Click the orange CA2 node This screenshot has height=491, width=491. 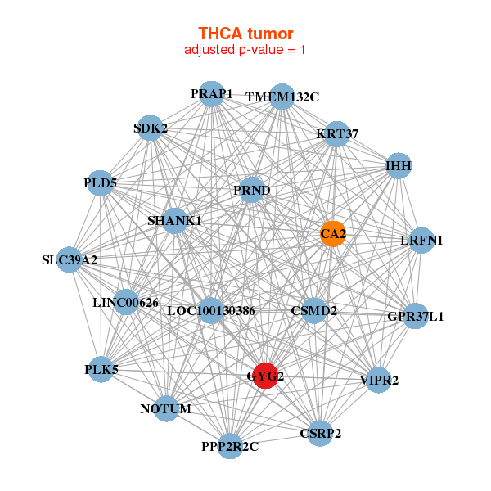[x=332, y=233]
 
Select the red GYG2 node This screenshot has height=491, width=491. [x=265, y=375]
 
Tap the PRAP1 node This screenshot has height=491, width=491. [x=212, y=94]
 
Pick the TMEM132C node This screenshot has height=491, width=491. [x=282, y=97]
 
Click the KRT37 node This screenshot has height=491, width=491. [x=337, y=134]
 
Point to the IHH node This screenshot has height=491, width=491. [x=399, y=166]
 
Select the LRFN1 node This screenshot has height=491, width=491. [x=421, y=240]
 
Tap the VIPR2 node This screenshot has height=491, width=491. [x=378, y=380]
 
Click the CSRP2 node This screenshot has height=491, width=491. [x=321, y=432]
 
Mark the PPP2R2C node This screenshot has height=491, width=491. [x=230, y=446]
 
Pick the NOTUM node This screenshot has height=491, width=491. [x=166, y=408]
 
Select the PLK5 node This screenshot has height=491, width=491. [x=101, y=370]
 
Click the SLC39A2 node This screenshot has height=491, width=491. [x=70, y=260]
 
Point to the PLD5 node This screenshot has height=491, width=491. [x=101, y=182]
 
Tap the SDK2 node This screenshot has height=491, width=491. [x=151, y=128]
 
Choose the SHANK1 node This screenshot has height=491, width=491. [x=174, y=221]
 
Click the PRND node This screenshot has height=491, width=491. [x=252, y=191]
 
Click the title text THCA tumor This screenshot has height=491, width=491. [x=245, y=34]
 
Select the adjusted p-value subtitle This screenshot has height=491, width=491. [x=245, y=50]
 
